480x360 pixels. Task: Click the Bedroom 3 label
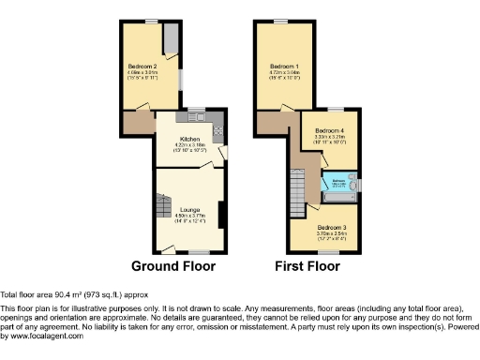click(329, 228)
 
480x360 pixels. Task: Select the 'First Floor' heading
click(307, 266)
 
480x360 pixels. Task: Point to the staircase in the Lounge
click(158, 202)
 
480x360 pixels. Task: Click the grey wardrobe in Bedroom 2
click(172, 40)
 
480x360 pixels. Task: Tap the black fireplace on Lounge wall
click(221, 214)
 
